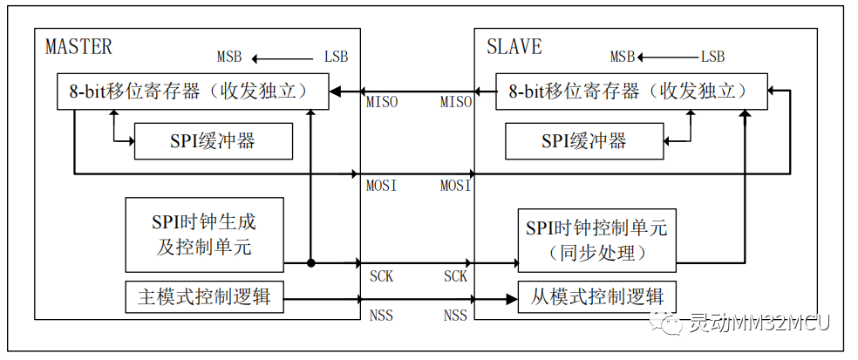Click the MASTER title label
[x=78, y=46]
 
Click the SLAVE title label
[x=515, y=46]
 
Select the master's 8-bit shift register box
[x=193, y=92]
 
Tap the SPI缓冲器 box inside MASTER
[x=213, y=141]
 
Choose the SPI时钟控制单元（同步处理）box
[x=596, y=240]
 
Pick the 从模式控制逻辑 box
[x=596, y=297]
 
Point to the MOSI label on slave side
[x=456, y=186]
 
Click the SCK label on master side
[x=381, y=276]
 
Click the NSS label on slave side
[x=455, y=315]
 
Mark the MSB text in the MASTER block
[x=231, y=58]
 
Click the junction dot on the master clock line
[x=311, y=262]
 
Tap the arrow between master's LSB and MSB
[x=283, y=58]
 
